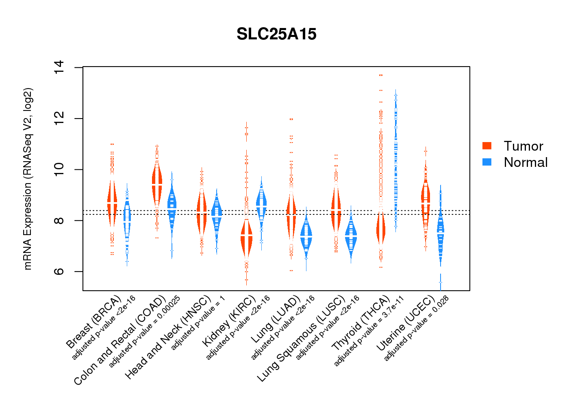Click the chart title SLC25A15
[276, 35]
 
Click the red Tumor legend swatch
[487, 146]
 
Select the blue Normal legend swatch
[487, 162]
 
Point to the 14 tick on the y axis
[59, 67]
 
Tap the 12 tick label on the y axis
[59, 119]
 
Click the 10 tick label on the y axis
[59, 169]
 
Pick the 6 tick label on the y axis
[59, 271]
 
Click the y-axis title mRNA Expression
[28, 179]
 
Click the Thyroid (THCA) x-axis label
[361, 324]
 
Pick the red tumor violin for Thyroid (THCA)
[380, 229]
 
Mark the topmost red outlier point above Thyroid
[381, 75]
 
